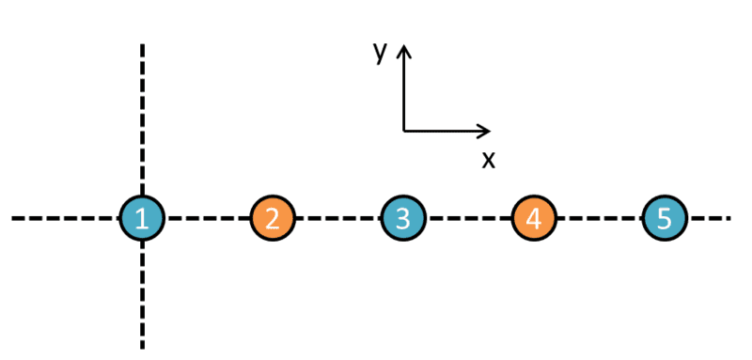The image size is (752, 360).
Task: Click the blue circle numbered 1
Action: coord(142,218)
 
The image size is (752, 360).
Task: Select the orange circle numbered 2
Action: coord(273,218)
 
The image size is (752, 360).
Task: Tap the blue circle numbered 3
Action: coord(403,218)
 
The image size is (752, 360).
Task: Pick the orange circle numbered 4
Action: coord(534,218)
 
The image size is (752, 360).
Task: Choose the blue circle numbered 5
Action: coord(665,218)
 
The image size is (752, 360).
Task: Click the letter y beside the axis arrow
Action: coord(381,54)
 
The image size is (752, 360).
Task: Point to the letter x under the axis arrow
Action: coord(488,161)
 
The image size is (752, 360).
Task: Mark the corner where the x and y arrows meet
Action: coord(404,131)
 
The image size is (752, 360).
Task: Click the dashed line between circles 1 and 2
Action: coord(207,218)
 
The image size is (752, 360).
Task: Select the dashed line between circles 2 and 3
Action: coord(338,218)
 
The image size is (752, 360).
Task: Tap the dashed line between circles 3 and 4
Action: coord(468,218)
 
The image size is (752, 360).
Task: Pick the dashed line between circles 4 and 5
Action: coord(600,218)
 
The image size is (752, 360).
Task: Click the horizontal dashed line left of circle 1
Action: coord(65,218)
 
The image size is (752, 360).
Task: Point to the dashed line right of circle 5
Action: coord(710,218)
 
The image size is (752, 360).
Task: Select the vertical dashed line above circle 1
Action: coord(142,119)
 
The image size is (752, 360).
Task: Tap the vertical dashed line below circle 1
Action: coord(142,295)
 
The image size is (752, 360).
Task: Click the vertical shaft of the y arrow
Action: coord(404,88)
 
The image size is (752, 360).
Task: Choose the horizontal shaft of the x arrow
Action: coord(446,131)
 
